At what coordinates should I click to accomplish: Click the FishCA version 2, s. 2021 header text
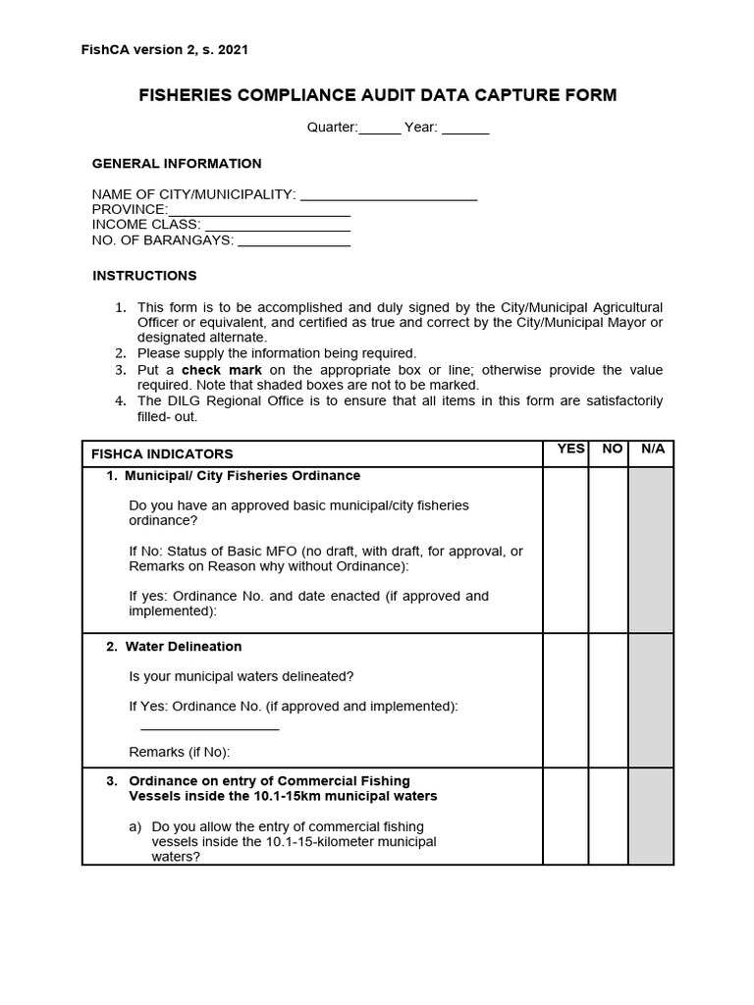171,49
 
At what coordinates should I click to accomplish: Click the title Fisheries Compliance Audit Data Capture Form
377,95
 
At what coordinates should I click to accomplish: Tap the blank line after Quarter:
380,129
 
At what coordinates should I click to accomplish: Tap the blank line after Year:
465,129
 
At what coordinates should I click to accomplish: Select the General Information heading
177,164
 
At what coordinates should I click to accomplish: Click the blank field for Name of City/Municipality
389,195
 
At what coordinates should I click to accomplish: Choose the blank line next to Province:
259,210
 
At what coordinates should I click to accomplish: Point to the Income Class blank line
278,225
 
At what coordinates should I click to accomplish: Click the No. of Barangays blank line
294,240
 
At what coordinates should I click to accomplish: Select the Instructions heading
144,276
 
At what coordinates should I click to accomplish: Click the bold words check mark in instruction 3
222,370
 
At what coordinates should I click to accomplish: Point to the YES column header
570,450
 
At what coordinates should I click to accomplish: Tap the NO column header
613,450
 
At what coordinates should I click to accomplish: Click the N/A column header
653,450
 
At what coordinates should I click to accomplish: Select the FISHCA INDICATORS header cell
162,454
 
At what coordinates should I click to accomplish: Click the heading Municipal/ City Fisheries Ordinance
242,476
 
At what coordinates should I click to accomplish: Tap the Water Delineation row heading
183,647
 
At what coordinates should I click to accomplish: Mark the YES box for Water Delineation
565,700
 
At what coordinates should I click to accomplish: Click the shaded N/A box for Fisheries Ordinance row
651,550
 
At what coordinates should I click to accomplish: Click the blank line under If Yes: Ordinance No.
210,727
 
